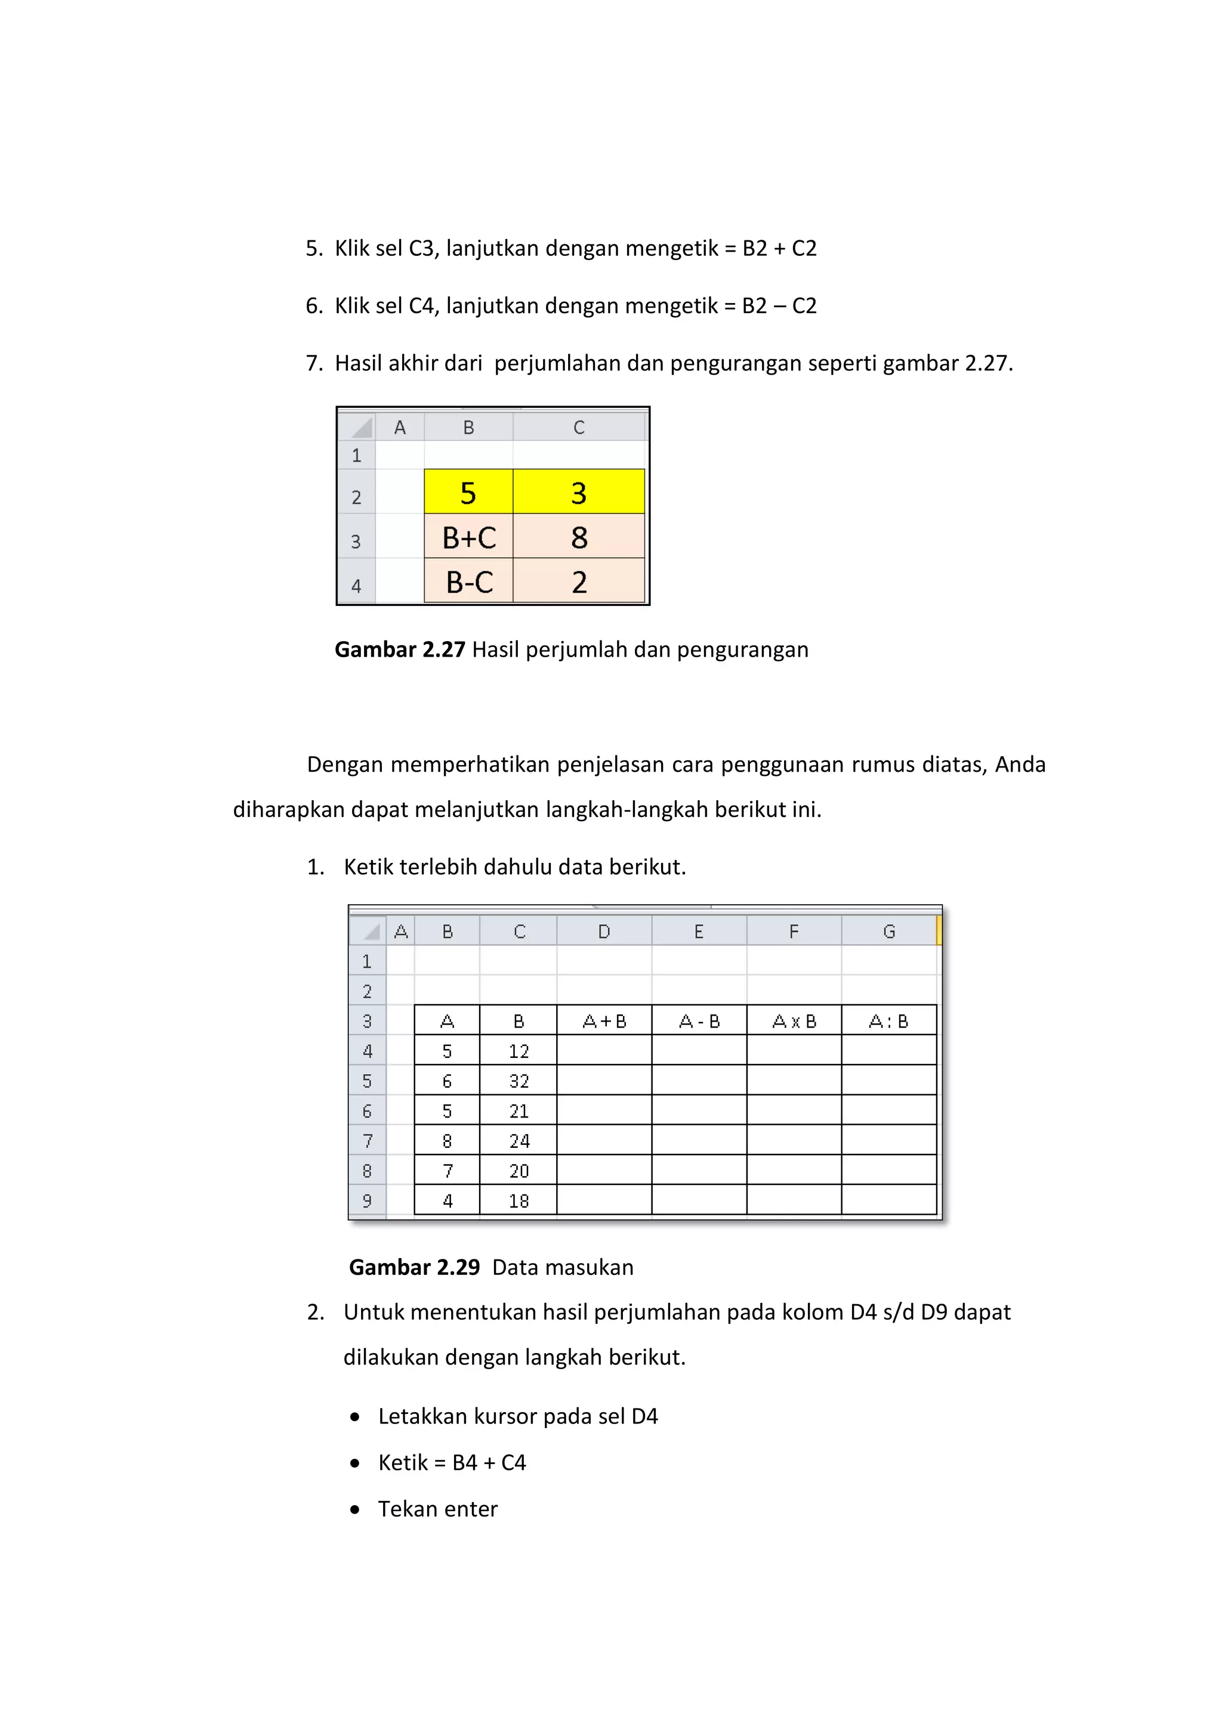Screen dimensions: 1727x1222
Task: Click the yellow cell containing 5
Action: [468, 493]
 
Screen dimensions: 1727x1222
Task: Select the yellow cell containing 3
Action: [578, 493]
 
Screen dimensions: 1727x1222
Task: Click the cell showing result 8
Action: [579, 537]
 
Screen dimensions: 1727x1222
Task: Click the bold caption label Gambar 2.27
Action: [400, 649]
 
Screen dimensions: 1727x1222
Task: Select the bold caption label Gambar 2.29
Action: [414, 1267]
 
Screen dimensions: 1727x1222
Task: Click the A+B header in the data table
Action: [604, 1021]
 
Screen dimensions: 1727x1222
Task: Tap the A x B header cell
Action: [794, 1021]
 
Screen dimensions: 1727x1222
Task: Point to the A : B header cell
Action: [888, 1021]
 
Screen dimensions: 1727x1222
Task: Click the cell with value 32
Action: [519, 1081]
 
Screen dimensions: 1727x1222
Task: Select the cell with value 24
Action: [519, 1141]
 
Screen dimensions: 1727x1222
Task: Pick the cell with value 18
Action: [519, 1200]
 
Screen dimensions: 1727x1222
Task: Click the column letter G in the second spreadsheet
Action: [888, 931]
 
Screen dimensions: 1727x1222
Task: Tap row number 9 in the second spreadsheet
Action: [367, 1200]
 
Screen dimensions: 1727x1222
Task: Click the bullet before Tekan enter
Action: [355, 1509]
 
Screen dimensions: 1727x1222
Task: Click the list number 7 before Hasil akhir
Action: [314, 363]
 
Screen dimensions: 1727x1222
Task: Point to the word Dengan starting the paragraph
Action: [345, 765]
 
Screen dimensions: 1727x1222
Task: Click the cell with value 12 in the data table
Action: [519, 1051]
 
